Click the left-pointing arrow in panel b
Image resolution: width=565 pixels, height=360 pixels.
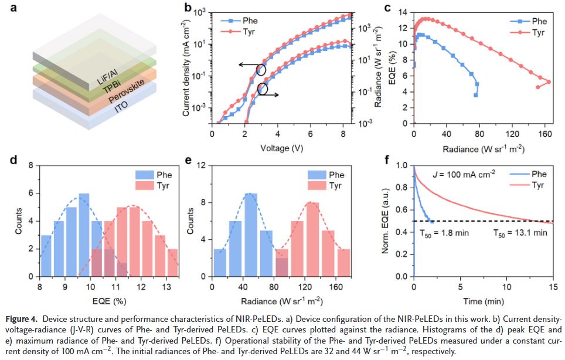[250, 66]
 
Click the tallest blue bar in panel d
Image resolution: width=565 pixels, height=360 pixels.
[84, 235]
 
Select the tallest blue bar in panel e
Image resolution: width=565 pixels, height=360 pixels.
[251, 235]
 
